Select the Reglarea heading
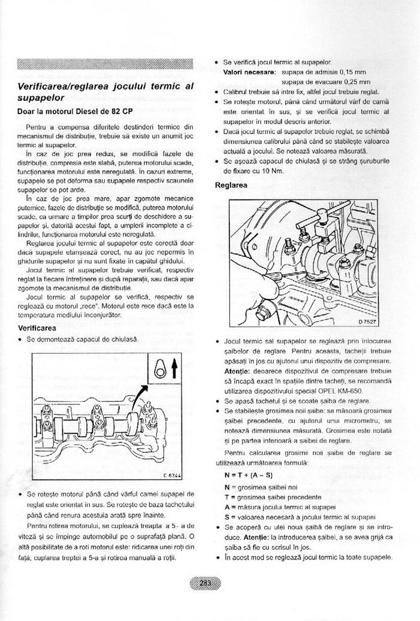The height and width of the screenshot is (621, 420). pos(231,185)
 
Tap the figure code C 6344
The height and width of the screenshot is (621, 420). pos(171,476)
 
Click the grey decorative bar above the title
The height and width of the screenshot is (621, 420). pos(105,64)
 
